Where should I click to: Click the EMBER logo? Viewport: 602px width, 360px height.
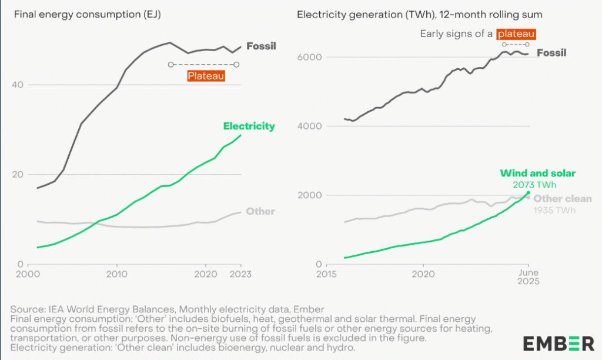point(558,343)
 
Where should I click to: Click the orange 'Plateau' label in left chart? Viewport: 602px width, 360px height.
point(206,76)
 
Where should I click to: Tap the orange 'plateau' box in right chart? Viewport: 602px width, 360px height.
point(516,34)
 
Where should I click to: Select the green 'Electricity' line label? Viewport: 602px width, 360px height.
point(249,126)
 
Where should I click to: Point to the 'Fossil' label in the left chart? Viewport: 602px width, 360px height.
point(261,46)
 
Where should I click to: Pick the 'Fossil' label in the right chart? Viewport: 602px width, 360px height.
point(552,53)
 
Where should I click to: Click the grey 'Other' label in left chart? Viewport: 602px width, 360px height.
point(260,211)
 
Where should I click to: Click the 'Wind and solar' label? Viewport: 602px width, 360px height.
point(537,173)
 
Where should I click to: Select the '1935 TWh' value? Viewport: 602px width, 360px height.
point(554,210)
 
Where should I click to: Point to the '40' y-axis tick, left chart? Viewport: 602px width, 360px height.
point(18,85)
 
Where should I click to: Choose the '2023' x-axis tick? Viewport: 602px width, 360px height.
point(241,274)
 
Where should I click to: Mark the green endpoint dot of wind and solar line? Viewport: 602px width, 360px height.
point(528,193)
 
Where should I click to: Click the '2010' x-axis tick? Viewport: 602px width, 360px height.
point(117,274)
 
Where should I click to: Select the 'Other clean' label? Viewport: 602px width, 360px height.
point(563,199)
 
